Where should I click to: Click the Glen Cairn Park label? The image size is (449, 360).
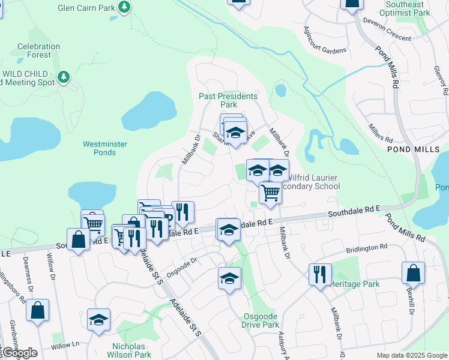pyautogui.click(x=86, y=8)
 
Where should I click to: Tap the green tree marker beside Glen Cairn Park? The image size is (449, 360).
pyautogui.click(x=124, y=7)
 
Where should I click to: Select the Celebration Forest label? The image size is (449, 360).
pyautogui.click(x=38, y=50)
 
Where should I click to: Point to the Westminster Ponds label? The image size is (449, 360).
pyautogui.click(x=107, y=148)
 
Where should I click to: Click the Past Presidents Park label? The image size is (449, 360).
pyautogui.click(x=228, y=100)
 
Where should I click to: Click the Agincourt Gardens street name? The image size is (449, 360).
pyautogui.click(x=325, y=41)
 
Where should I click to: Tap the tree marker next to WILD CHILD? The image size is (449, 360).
pyautogui.click(x=64, y=77)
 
